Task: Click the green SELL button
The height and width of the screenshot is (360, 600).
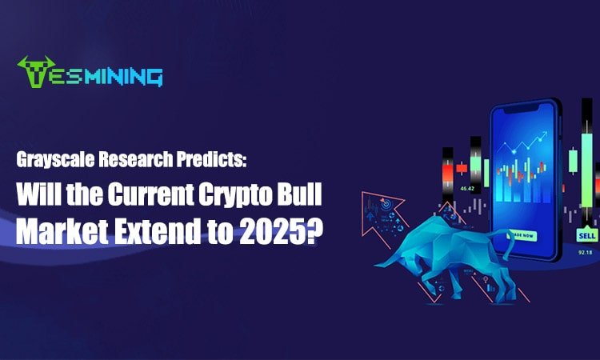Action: pos(586,236)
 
